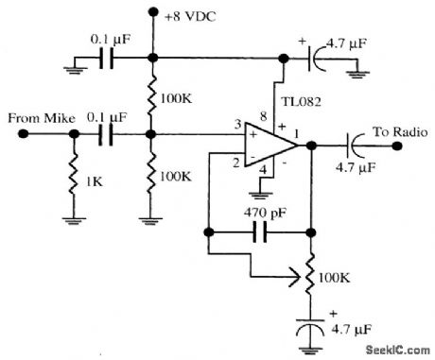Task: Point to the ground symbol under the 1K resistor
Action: pos(72,223)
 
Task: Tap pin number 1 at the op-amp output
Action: pos(299,133)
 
